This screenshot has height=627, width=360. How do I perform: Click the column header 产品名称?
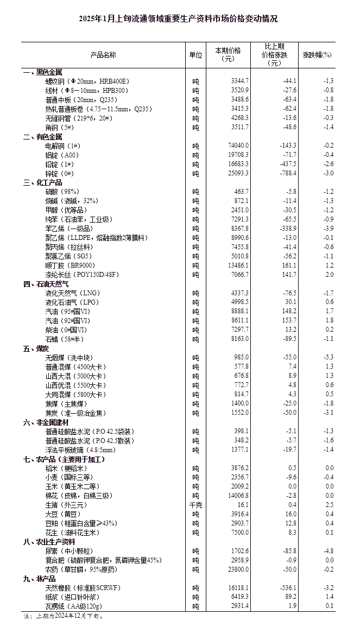click(103, 55)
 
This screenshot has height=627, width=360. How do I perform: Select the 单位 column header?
click(195, 55)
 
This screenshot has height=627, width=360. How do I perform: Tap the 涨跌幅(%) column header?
click(317, 55)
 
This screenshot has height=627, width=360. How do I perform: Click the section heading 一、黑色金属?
click(42, 72)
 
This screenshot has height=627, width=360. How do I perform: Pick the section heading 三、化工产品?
click(42, 182)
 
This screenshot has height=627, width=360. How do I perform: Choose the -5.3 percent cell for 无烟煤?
click(326, 357)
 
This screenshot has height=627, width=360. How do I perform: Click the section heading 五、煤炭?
click(35, 348)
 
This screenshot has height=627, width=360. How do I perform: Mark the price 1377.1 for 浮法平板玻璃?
click(239, 450)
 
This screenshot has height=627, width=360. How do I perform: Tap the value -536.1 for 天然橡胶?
click(286, 587)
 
